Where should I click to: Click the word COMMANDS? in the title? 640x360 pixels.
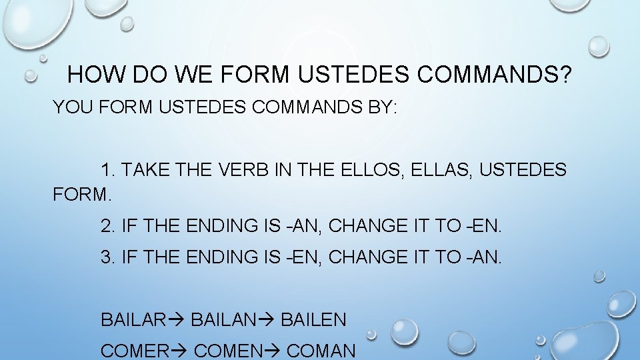[494, 75]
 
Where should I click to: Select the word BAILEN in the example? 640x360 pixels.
[313, 320]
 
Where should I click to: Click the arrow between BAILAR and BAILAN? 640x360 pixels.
[177, 320]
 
